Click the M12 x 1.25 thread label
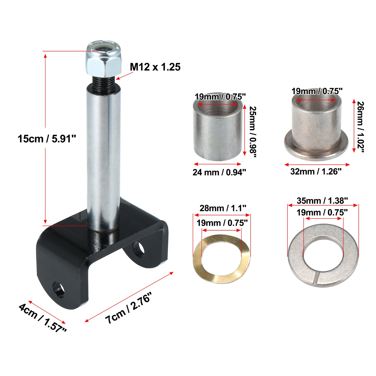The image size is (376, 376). coord(155,67)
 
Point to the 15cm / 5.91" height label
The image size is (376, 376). coord(47,139)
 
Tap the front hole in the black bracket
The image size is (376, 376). coord(58,290)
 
